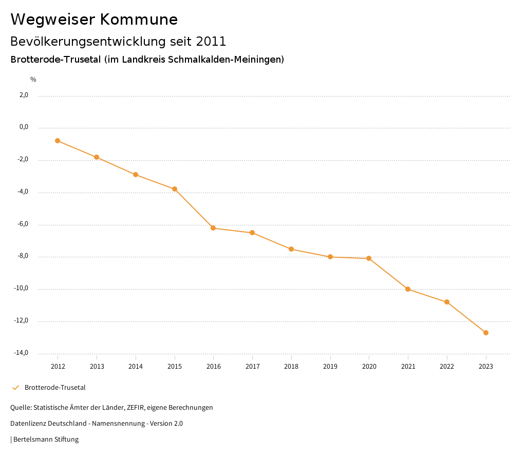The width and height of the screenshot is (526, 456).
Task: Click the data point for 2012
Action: pyautogui.click(x=58, y=141)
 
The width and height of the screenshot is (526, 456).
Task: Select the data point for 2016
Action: pyautogui.click(x=213, y=228)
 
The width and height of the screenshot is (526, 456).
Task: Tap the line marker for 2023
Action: pyautogui.click(x=486, y=333)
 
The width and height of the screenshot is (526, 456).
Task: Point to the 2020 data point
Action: pyautogui.click(x=369, y=258)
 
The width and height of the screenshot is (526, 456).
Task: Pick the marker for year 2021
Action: pyautogui.click(x=408, y=289)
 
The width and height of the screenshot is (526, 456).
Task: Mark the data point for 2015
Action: pyautogui.click(x=175, y=189)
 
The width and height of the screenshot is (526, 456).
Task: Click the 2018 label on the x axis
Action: pyautogui.click(x=291, y=366)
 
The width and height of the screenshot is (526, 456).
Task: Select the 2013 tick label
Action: pyautogui.click(x=97, y=366)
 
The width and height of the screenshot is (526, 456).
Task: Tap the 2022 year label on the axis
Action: pyautogui.click(x=447, y=366)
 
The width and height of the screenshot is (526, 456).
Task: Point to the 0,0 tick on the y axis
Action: pyautogui.click(x=24, y=127)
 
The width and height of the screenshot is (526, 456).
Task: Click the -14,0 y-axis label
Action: pyautogui.click(x=21, y=353)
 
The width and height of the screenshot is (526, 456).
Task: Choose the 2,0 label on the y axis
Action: pyautogui.click(x=24, y=95)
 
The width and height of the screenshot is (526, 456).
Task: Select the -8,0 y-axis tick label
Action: pyautogui.click(x=22, y=256)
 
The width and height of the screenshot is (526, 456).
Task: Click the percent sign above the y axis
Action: pyautogui.click(x=33, y=80)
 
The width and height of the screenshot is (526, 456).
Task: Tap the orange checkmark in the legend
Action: pyautogui.click(x=15, y=388)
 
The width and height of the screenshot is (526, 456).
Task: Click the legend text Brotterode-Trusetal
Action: pyautogui.click(x=55, y=388)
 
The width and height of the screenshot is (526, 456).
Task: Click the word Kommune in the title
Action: pyautogui.click(x=139, y=20)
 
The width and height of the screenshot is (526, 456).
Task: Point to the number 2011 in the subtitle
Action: pyautogui.click(x=211, y=41)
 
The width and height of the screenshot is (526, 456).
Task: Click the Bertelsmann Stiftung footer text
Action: pyautogui.click(x=46, y=440)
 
